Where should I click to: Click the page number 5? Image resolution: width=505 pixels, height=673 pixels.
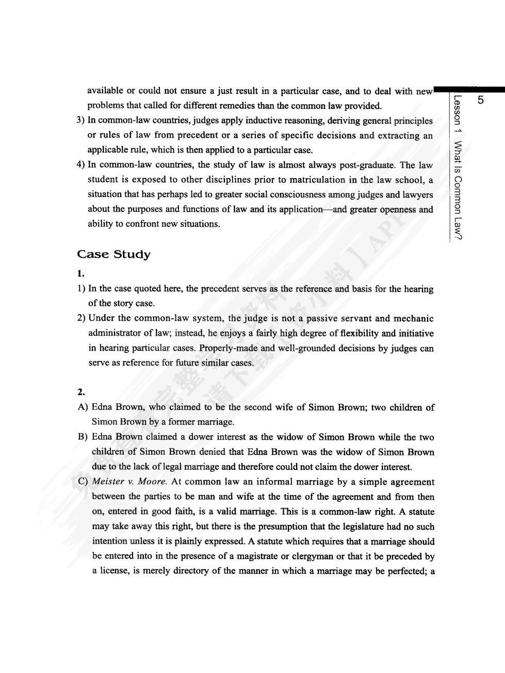pyautogui.click(x=481, y=100)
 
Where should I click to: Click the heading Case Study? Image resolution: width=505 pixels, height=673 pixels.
pyautogui.click(x=113, y=254)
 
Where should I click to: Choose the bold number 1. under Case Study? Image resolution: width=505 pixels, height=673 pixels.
pyautogui.click(x=80, y=273)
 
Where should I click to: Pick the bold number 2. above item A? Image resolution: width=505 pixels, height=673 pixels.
pyautogui.click(x=81, y=392)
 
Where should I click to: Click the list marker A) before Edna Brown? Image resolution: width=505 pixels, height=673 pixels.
pyautogui.click(x=83, y=407)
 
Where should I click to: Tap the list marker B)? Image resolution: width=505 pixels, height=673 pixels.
pyautogui.click(x=83, y=437)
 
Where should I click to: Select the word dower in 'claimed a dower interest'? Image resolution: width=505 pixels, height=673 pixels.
pyautogui.click(x=192, y=437)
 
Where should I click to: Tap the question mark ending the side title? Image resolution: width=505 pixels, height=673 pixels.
pyautogui.click(x=458, y=236)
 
